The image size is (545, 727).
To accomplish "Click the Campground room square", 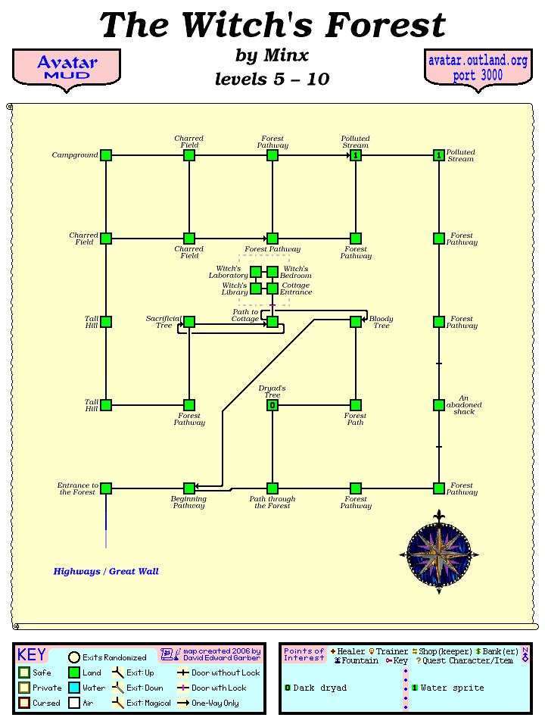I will pos(106,155).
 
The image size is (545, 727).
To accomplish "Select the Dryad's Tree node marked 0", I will pos(272,405).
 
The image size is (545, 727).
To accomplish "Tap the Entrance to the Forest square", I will pos(106,488).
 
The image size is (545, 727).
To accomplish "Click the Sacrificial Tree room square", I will pos(189,322).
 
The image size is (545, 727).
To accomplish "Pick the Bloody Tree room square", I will pos(356,322).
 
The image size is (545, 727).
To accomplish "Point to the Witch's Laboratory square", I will pos(256,272).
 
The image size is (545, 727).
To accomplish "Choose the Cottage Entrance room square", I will pos(272,289).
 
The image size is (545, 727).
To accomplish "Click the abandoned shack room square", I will pos(439,405).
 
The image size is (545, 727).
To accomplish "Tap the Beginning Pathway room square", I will pos(189,488).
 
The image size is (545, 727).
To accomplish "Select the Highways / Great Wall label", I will pos(106,572).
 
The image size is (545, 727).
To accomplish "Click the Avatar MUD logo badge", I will pos(67,68).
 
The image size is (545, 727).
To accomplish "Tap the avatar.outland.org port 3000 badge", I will pos(478,68).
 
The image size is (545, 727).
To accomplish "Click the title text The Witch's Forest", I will pos(272,25).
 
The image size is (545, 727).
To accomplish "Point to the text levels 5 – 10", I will pos(272,79).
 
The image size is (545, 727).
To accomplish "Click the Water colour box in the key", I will pos(74,688).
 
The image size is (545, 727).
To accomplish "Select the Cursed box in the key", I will pos(24,704).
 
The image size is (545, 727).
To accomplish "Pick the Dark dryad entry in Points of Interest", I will pos(316,688).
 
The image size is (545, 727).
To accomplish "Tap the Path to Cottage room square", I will pos(272,322).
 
